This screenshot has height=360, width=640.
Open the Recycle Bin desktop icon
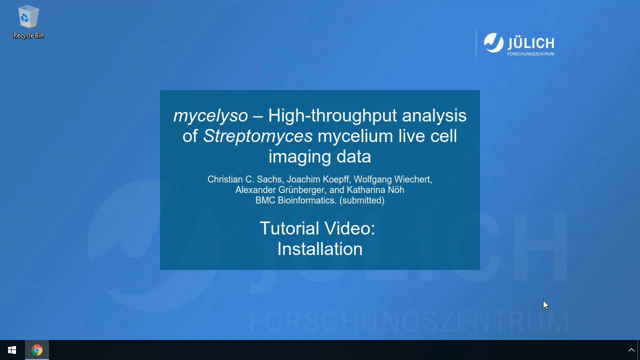[x=28, y=21]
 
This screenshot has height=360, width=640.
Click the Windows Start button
[x=12, y=350]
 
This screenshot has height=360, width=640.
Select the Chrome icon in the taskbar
[x=37, y=350]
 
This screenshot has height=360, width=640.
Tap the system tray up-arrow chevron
[x=631, y=350]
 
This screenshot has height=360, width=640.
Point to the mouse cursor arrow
[x=545, y=304]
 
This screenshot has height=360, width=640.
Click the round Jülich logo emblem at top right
[x=493, y=43]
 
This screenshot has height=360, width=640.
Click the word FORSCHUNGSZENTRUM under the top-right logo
[x=530, y=53]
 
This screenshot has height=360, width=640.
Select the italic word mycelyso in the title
[x=210, y=116]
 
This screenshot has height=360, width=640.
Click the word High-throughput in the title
[x=332, y=116]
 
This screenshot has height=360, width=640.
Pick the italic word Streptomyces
[x=257, y=136]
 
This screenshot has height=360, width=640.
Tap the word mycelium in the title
[x=355, y=136]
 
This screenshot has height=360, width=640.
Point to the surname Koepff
[x=336, y=179]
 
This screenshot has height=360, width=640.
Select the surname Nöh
[x=396, y=189]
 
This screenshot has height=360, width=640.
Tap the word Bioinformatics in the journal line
[x=307, y=200]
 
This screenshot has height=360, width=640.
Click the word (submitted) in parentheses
[x=361, y=200]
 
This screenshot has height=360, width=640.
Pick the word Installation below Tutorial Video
[x=320, y=249]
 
